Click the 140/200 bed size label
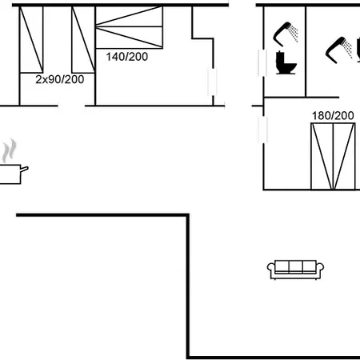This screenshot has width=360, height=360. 127,57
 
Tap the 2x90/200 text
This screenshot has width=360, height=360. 60,79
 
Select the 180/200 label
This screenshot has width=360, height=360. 333,115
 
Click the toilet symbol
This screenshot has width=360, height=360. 286,62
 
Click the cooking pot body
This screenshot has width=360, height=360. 10,174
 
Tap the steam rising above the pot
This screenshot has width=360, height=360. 9,150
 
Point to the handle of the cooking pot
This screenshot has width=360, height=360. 24,169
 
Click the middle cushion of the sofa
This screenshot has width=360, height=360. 295,266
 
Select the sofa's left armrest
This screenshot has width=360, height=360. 271,270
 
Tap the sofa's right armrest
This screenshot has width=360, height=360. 320,270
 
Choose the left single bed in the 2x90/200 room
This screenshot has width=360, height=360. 31,39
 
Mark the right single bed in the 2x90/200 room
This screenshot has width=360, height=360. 83,39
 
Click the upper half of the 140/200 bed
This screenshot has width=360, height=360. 129,17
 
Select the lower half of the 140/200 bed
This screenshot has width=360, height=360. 129,38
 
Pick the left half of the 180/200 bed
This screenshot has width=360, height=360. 322,156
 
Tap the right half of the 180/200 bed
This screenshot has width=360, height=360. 344,156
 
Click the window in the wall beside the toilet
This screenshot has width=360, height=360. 262,63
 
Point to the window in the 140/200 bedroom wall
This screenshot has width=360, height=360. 212,82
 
